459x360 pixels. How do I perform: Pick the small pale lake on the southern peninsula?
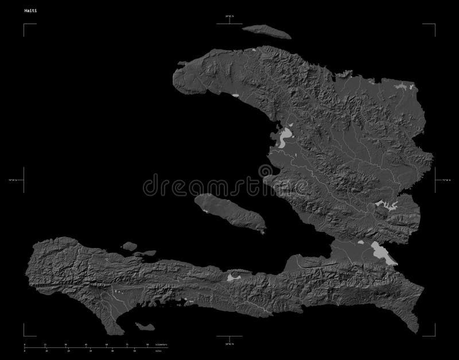point(233,277)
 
